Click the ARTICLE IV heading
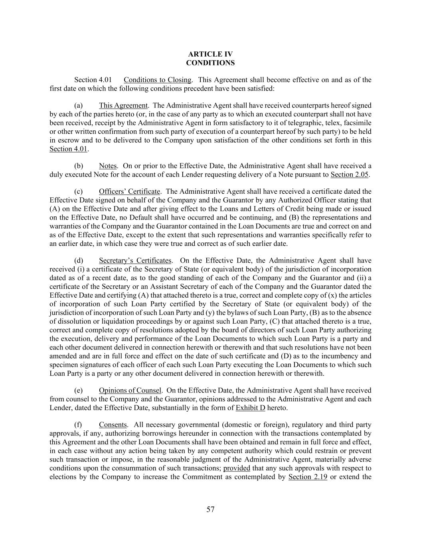pos(210,54)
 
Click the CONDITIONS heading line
pos(210,63)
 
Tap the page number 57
pos(210,509)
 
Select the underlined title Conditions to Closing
pos(158,80)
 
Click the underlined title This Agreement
pos(123,106)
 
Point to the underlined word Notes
pos(108,166)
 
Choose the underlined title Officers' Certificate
pos(130,192)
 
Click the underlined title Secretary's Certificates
pos(135,261)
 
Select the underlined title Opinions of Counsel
pos(130,391)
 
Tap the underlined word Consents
pos(113,425)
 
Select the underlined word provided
pos(237,468)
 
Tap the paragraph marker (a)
pos(79,106)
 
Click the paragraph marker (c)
pos(79,192)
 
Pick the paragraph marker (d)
pos(79,261)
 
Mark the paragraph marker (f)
pos(78,425)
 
